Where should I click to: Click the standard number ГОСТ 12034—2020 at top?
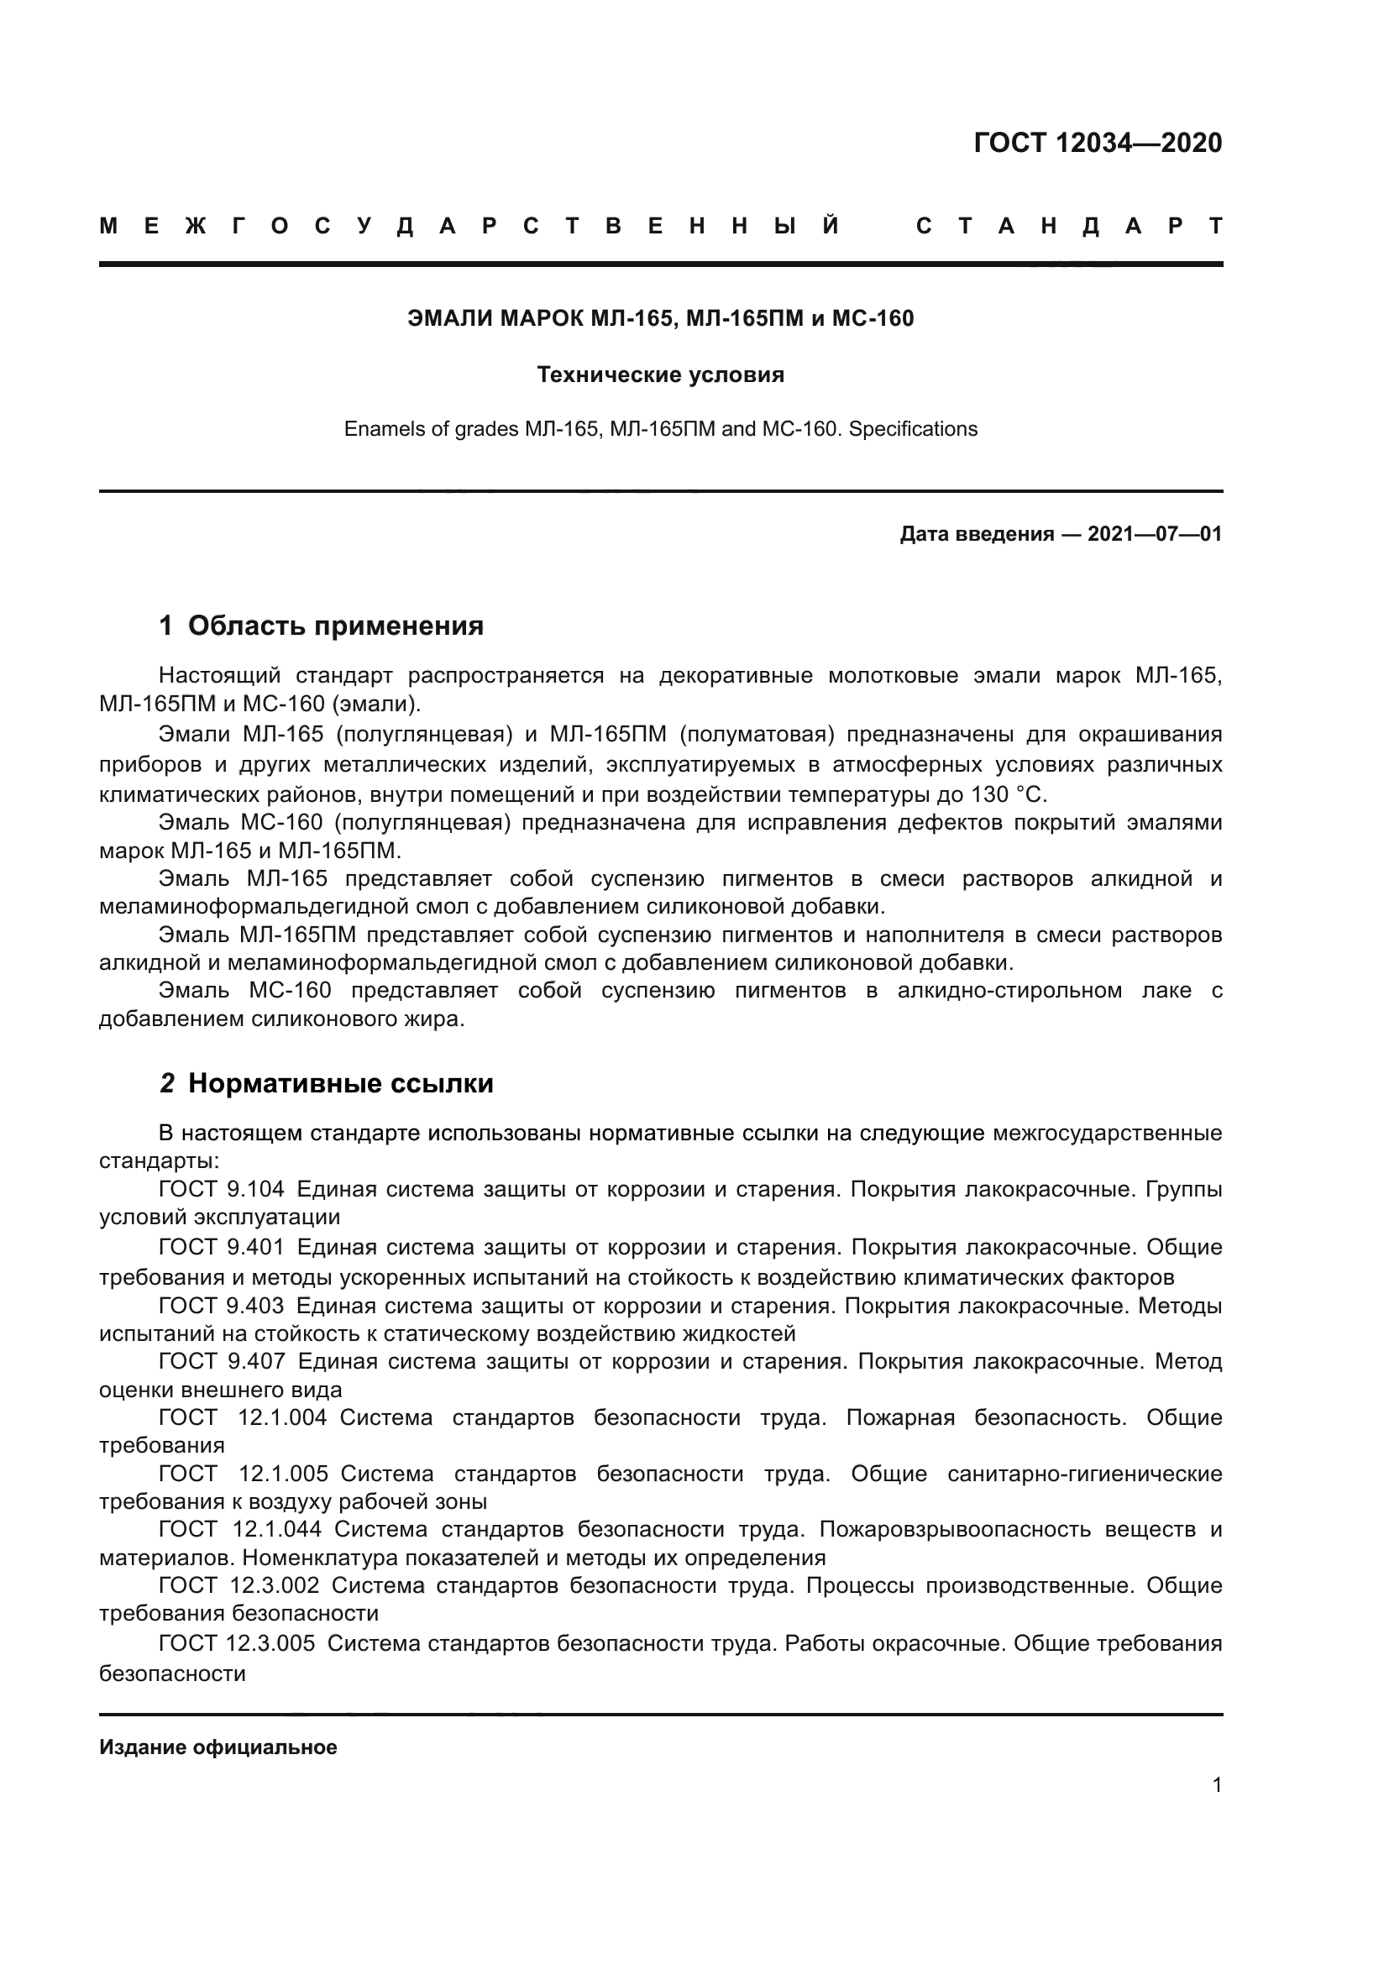tap(1098, 143)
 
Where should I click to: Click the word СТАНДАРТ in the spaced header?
tap(1068, 227)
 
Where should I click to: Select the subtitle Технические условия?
tap(660, 374)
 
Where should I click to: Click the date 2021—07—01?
tap(1154, 535)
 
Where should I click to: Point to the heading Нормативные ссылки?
tap(340, 1083)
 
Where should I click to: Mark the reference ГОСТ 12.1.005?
tap(243, 1474)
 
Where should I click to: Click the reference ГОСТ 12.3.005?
tap(236, 1643)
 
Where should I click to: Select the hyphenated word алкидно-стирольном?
tap(1009, 991)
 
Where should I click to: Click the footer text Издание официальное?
tap(218, 1747)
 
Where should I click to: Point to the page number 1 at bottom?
tap(1216, 1785)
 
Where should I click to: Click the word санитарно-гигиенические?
tap(1084, 1474)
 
